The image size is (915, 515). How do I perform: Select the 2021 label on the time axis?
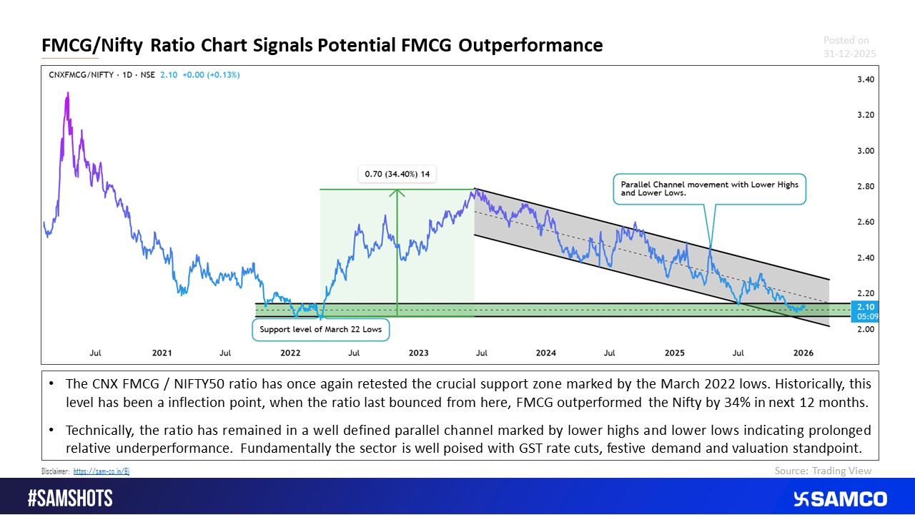point(162,353)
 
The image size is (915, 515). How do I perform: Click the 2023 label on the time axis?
point(418,353)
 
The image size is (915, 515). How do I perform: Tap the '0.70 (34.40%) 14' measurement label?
point(397,174)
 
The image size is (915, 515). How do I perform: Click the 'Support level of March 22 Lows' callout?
point(321,330)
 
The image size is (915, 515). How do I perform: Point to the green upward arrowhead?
point(397,192)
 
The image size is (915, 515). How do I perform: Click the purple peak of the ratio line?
point(67,94)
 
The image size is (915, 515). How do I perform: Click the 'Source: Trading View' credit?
point(823,471)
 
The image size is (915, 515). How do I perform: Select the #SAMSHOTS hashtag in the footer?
point(70,498)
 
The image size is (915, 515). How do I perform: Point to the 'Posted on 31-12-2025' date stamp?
point(849,47)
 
